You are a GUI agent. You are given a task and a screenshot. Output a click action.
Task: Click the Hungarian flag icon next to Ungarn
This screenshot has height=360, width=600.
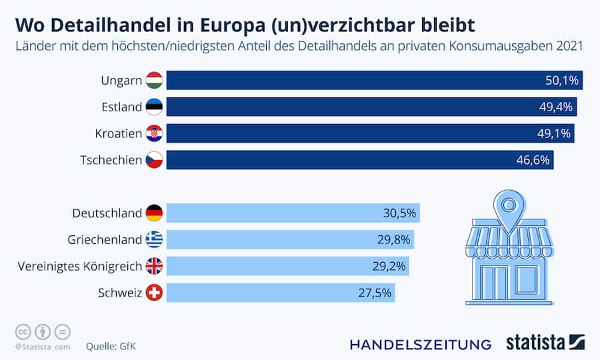click(154, 80)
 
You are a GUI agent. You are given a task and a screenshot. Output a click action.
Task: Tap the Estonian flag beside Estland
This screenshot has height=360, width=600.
click(154, 107)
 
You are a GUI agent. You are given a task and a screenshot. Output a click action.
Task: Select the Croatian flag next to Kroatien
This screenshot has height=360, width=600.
click(154, 133)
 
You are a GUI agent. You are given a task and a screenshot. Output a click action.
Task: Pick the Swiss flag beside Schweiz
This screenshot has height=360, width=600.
click(154, 293)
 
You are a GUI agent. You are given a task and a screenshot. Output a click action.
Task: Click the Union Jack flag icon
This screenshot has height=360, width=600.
click(154, 266)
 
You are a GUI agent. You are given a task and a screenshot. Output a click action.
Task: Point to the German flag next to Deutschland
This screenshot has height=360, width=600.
click(154, 213)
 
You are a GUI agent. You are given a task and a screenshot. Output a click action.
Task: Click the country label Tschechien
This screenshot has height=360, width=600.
click(111, 160)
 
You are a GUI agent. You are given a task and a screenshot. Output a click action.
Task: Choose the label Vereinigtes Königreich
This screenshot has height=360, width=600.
click(80, 266)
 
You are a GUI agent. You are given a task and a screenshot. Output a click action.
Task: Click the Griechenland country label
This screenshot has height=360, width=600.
click(105, 240)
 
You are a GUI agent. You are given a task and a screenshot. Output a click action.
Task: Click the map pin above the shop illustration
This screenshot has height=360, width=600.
click(509, 207)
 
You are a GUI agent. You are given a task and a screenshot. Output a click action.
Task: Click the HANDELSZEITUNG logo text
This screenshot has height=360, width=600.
click(421, 345)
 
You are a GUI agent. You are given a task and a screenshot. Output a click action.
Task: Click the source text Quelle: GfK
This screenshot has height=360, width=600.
click(111, 346)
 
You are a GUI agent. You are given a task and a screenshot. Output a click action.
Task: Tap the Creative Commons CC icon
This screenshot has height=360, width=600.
click(23, 331)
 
